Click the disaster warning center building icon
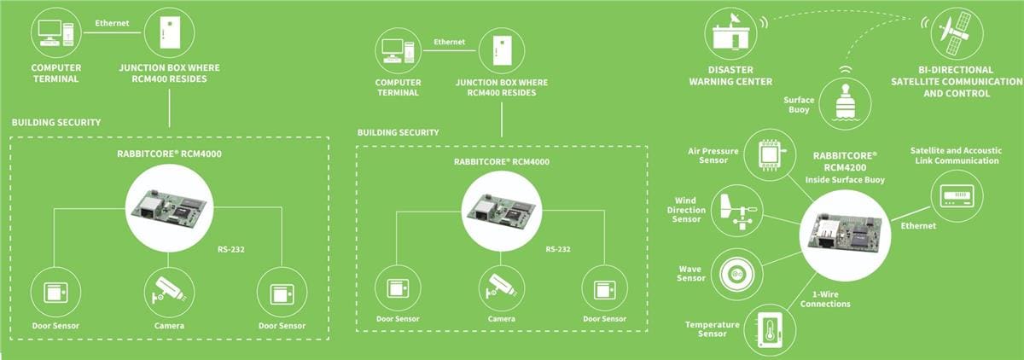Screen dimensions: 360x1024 coord(730,33)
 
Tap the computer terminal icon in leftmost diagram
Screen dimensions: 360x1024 coord(56,32)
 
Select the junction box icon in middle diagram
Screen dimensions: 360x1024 coord(501,50)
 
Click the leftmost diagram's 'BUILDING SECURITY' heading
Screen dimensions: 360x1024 coord(56,123)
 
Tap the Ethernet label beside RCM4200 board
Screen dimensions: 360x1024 coord(918,226)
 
